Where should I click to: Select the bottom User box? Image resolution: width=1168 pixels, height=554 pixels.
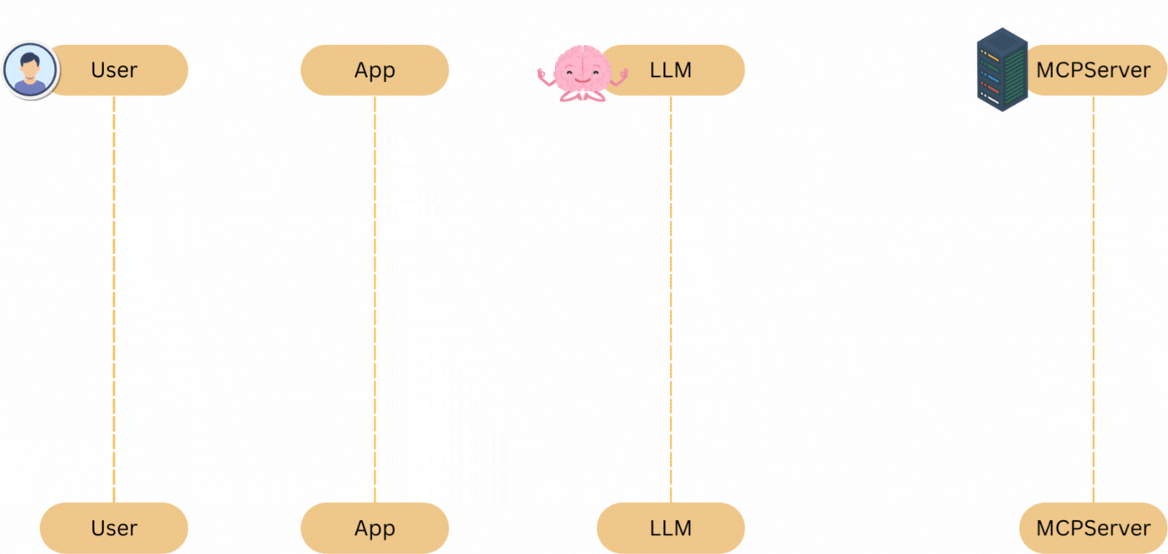tap(113, 528)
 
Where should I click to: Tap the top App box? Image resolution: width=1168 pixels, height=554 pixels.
tap(375, 70)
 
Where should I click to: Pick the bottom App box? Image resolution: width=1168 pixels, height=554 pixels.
tap(375, 528)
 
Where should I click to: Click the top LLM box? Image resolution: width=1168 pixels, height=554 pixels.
tap(677, 70)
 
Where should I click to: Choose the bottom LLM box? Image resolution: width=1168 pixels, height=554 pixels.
tap(671, 528)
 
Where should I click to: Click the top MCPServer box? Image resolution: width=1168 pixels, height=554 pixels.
tap(1095, 70)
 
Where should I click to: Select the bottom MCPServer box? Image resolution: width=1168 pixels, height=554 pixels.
tap(1094, 528)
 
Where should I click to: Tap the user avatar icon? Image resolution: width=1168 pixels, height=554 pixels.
tap(30, 70)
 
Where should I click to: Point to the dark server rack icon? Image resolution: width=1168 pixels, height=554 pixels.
tap(1002, 70)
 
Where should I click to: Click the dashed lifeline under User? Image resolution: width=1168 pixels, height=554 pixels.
tap(113, 296)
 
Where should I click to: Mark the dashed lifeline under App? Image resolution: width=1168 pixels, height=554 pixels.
tap(375, 296)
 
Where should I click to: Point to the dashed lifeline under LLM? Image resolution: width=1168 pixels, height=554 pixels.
tap(671, 296)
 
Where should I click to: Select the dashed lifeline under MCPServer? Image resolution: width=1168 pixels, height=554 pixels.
tap(1094, 296)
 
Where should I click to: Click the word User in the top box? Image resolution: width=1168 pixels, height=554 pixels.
tap(114, 70)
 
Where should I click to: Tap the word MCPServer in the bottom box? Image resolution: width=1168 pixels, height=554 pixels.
tap(1094, 529)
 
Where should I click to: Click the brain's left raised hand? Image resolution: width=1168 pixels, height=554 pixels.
tap(543, 75)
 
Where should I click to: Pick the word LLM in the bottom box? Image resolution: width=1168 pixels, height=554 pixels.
tap(671, 529)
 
